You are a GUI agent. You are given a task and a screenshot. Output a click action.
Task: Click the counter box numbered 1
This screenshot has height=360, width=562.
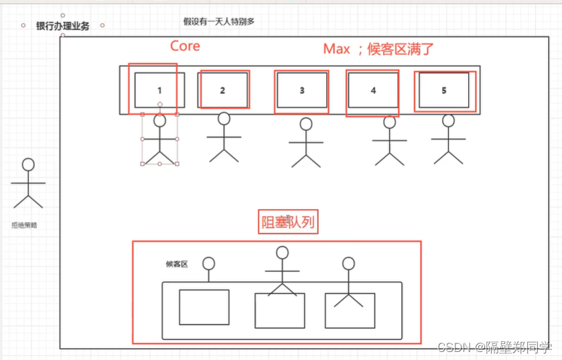point(159,90)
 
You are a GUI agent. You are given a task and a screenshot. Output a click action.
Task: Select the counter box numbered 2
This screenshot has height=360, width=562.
point(222,90)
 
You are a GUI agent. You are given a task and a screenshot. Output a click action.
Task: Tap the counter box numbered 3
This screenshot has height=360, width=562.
point(302,90)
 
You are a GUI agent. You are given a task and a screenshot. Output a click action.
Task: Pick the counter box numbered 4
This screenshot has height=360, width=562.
point(373,90)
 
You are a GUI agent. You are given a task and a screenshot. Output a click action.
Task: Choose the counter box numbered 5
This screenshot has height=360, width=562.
point(443,90)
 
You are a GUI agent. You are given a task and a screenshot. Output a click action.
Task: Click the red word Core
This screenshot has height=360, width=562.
point(185,46)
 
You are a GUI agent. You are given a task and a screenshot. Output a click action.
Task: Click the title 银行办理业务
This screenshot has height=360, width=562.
point(62,26)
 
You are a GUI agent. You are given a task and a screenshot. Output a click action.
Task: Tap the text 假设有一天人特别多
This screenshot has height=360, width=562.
point(219,21)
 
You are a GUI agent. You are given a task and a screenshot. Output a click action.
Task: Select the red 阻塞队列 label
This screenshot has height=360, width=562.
point(287,223)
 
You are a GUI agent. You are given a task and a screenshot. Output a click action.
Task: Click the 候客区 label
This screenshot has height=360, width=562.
point(177,264)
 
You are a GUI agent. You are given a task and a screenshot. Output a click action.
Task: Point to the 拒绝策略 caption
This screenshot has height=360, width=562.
point(24,225)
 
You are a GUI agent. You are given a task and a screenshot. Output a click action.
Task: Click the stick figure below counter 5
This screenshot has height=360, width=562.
point(448,139)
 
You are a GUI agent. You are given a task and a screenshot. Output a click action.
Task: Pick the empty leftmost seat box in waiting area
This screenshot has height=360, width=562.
point(204,307)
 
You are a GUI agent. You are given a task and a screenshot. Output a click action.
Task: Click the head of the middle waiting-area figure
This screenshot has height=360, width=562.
point(283,253)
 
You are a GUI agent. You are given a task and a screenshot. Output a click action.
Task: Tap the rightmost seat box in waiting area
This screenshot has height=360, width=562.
point(349,310)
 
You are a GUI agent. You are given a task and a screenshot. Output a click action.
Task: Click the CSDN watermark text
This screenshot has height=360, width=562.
point(495,347)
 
